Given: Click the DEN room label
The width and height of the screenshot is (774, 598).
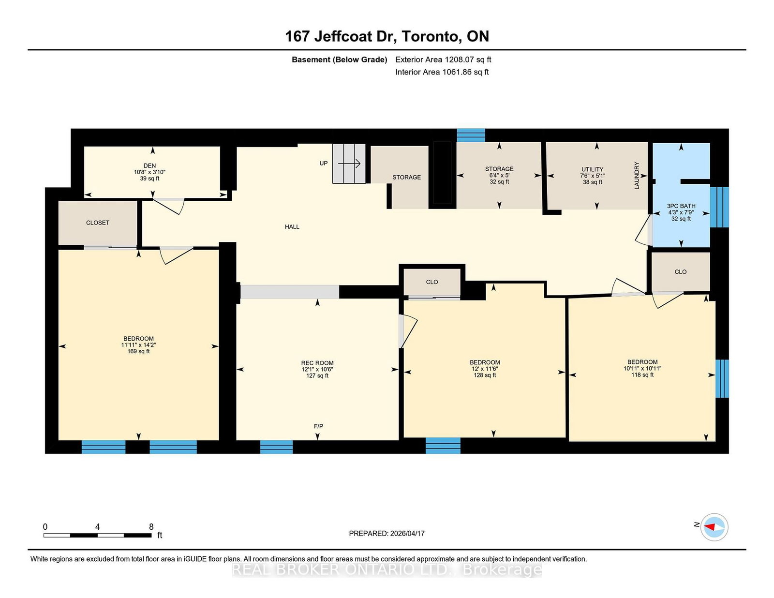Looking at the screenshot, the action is coord(149,165).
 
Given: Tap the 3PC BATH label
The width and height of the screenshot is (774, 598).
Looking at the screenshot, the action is coord(681,206).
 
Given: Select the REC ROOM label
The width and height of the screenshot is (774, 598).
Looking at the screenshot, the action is coord(317,363).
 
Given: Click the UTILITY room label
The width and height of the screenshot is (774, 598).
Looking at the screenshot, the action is coord(592,169).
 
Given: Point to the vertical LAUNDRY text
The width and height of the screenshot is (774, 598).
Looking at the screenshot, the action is coord(637,175).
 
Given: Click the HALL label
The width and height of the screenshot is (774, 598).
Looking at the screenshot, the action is coord(292,227).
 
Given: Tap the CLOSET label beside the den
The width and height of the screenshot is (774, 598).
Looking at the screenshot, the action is coord(98,223).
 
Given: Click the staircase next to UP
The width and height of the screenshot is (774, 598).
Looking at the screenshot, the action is coord(349,164).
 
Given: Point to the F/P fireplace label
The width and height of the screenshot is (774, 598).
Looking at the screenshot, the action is coord(318,426).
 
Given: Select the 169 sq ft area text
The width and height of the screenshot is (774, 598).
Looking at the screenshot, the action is coord(138,351).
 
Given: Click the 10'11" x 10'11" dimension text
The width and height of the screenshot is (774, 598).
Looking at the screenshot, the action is coord(642,368).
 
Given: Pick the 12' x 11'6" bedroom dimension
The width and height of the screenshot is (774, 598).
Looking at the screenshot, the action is coord(485,369).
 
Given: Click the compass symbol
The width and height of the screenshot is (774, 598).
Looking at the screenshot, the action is coord(714,527).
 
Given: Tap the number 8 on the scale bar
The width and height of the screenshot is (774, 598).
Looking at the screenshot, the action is coord(151,526).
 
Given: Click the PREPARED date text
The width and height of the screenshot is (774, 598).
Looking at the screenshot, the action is coord(387,534).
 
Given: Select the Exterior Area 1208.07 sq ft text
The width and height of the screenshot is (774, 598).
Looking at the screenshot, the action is coord(443,60).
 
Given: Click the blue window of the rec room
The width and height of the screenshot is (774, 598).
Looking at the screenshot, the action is coord(276,447).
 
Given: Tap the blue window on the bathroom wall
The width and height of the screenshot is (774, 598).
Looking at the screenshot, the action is coord(719,207).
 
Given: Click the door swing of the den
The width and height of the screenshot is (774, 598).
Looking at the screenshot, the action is coord(169,206).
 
